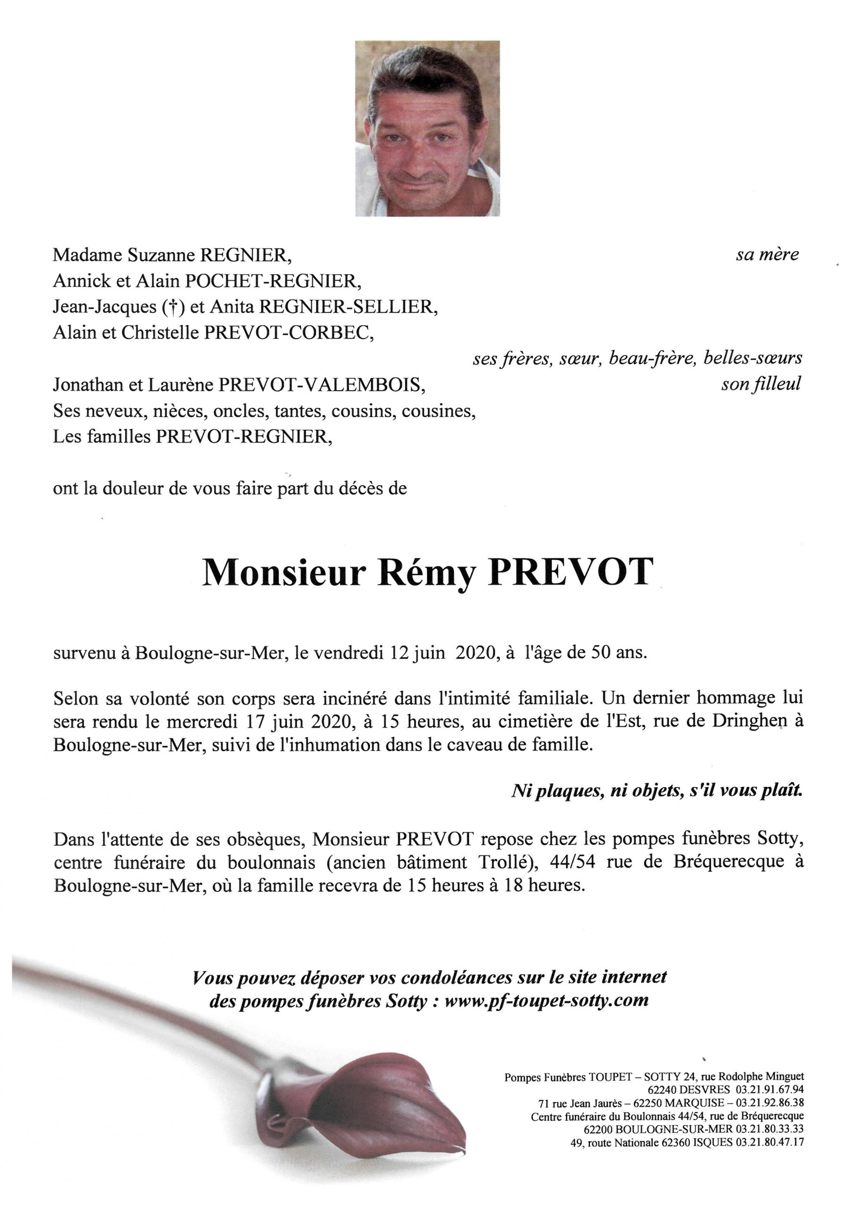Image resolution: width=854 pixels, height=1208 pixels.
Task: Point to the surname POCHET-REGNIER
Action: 272,282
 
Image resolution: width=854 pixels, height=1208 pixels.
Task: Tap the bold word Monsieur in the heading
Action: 284,572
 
